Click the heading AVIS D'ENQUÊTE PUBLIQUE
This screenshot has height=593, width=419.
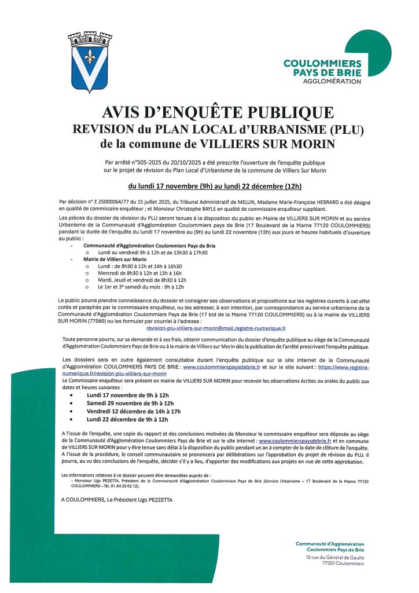209,112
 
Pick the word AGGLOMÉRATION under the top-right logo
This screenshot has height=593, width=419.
332,81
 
